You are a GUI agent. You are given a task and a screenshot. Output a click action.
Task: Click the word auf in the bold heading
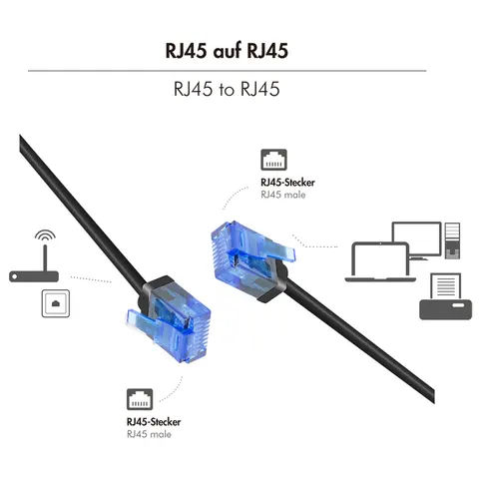coord(227,51)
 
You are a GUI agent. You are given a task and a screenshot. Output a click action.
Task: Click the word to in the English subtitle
coord(227,89)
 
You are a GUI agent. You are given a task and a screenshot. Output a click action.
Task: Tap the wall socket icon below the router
coord(56,303)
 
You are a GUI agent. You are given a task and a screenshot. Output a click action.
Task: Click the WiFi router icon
coord(34,263)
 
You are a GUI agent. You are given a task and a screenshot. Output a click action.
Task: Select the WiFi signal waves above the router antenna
coord(45,235)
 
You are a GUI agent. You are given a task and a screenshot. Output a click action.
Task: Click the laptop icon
coord(380,262)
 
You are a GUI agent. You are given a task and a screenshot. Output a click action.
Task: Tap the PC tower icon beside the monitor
coord(452,240)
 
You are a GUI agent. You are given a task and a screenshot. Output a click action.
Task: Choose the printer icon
coord(446,296)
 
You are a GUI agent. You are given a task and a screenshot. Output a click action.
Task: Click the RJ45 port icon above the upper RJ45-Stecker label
coord(273,160)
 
